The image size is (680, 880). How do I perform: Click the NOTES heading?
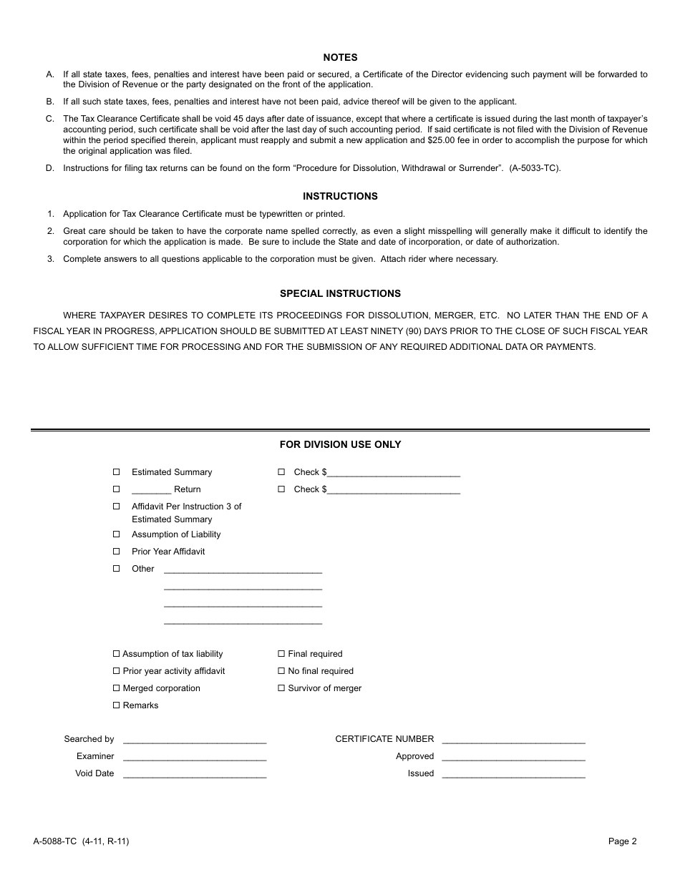[340, 57]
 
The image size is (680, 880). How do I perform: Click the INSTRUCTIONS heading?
[340, 196]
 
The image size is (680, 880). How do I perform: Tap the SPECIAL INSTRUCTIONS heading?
[340, 293]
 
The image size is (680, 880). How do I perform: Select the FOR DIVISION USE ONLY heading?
[340, 444]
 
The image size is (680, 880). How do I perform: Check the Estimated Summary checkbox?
[117, 472]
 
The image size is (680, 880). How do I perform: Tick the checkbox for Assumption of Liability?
[117, 534]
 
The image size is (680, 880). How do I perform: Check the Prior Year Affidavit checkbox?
[117, 552]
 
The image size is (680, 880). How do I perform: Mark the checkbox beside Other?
[117, 569]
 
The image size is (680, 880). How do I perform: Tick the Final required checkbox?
[281, 654]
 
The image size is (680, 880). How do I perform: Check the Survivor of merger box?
[281, 688]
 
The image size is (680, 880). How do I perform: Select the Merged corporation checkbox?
[117, 688]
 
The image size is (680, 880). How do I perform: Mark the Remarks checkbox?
[117, 705]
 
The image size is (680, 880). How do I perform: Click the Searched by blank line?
[195, 741]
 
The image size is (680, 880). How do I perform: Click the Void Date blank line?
[195, 776]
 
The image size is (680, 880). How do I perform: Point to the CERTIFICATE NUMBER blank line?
[513, 741]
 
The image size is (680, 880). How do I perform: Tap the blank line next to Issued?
[513, 776]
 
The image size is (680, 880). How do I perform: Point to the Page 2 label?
[622, 841]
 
